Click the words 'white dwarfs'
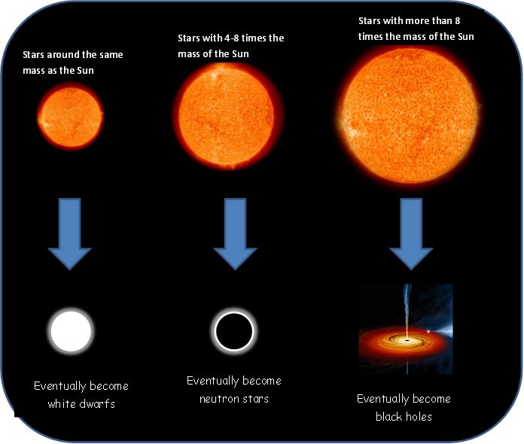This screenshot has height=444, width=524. (79, 404)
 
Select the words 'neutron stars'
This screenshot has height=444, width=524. (233, 399)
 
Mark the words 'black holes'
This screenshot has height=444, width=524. (404, 416)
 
